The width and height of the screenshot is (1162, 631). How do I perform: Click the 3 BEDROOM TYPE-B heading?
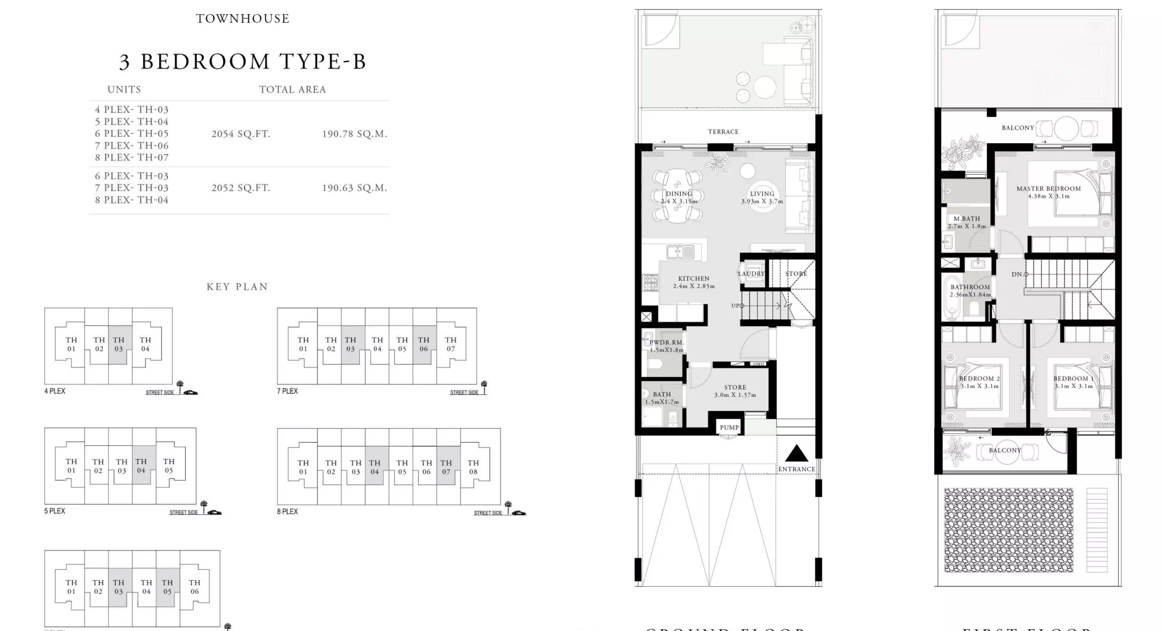tap(242, 62)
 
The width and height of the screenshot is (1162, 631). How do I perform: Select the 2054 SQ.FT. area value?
tap(241, 134)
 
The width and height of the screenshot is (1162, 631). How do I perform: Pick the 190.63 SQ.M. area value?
tap(354, 188)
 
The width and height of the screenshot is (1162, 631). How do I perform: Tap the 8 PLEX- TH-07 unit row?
tap(132, 157)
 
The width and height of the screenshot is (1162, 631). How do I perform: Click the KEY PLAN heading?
tap(237, 287)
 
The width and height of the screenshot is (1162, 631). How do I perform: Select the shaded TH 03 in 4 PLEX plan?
tap(119, 344)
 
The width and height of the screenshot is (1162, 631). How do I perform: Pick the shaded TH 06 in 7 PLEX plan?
tap(424, 344)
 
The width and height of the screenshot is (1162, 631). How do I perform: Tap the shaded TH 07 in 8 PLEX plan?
tap(446, 467)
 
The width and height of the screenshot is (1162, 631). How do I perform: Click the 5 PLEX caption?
tap(54, 511)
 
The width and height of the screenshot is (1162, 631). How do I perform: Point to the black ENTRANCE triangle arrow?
tap(796, 453)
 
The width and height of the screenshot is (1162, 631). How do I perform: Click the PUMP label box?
tap(729, 428)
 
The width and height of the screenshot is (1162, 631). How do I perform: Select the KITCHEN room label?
tap(694, 278)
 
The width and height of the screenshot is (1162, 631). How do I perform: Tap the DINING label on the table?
tap(679, 194)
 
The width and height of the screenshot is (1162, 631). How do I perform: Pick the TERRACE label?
tap(723, 132)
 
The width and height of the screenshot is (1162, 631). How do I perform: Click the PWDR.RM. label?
tap(667, 342)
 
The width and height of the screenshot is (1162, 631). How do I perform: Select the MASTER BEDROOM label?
tap(1049, 188)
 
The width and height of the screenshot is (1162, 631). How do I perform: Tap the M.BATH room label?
tap(967, 219)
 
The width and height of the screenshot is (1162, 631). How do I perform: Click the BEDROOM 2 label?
tap(979, 379)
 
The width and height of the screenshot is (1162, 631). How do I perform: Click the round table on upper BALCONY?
tap(1066, 128)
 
